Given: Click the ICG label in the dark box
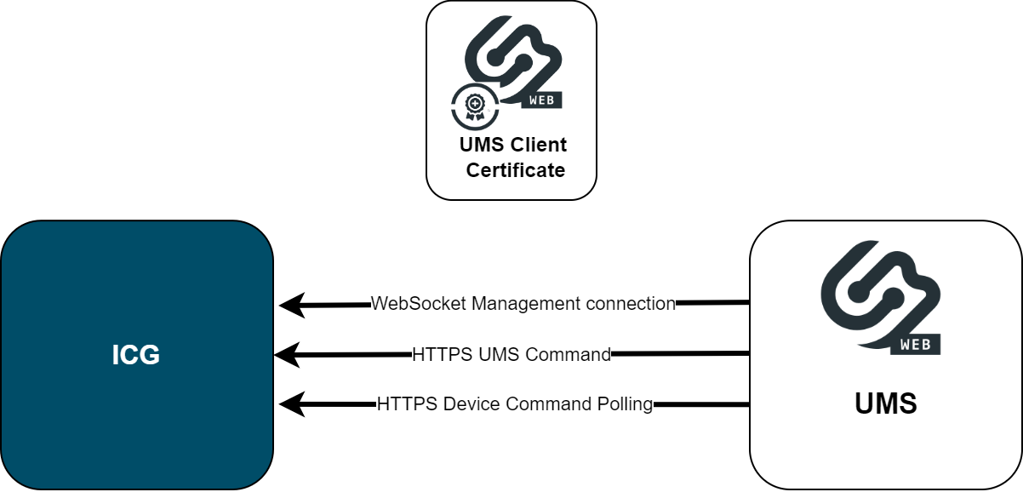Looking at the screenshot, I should coord(136,355).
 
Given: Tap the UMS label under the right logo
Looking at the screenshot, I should coord(886,403).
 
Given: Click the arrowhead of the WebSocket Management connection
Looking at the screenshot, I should coord(292,305).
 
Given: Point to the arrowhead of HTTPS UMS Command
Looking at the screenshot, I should coord(287,354).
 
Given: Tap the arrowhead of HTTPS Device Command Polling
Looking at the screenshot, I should coord(292,404).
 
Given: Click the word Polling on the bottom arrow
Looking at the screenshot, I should coord(626,404).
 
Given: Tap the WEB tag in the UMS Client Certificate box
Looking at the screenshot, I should coord(544,100).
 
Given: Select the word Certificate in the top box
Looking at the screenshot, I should coord(516,170).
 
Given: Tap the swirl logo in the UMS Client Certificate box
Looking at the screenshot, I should coord(511,55).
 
